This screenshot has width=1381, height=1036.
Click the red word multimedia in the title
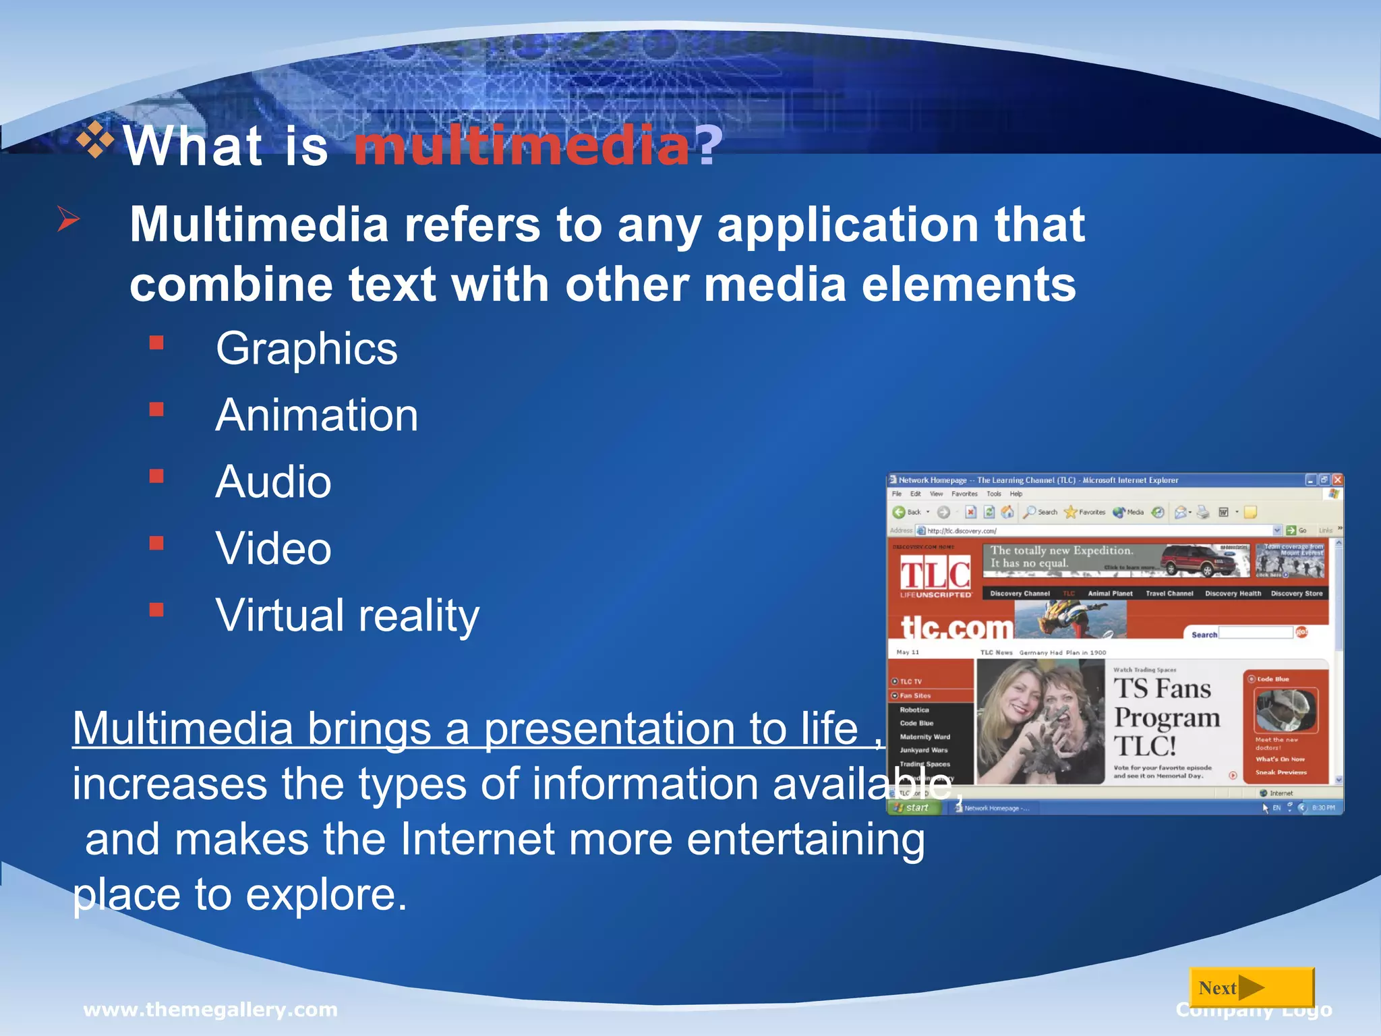pos(521,146)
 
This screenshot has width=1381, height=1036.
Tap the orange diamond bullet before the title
pos(95,140)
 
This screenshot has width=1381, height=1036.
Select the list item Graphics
pos(307,349)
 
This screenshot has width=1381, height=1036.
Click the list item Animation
pos(317,415)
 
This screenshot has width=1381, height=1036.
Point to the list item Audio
pos(273,482)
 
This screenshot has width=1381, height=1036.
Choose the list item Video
pos(273,548)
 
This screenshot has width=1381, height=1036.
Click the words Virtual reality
pos(347,615)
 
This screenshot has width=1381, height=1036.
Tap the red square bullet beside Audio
pos(156,477)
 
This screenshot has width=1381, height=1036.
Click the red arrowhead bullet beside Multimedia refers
pos(68,219)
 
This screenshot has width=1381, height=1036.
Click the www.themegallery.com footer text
pos(210,1010)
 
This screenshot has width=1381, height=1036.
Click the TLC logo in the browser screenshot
pos(935,575)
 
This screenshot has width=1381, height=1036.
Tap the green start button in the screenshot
pos(913,807)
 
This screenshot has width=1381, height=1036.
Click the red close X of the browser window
pos(1337,480)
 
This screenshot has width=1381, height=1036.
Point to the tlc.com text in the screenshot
pos(957,628)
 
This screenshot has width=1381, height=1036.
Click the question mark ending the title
pos(709,146)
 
